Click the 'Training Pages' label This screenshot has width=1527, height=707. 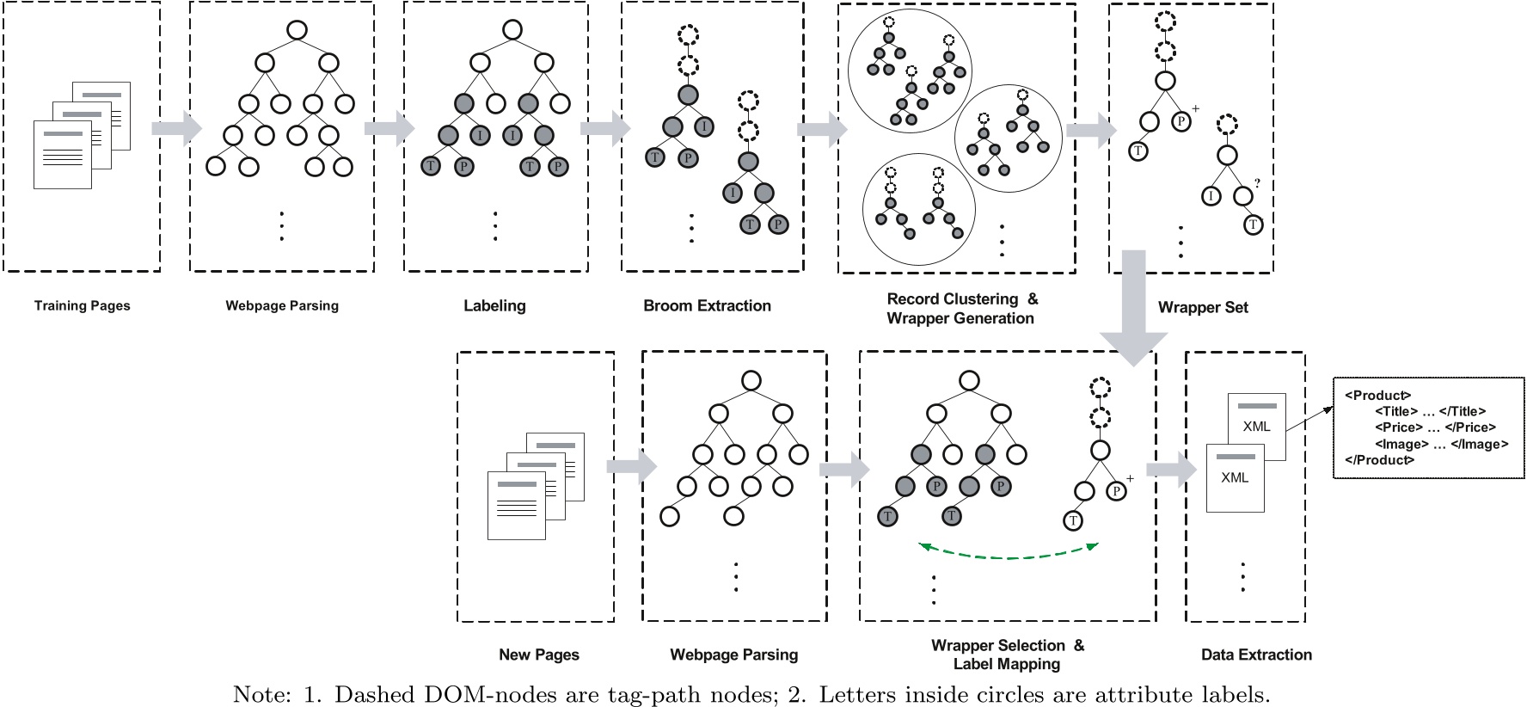[x=82, y=305]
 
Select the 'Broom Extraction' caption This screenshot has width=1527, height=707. [x=707, y=305]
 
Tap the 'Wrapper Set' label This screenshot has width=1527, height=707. [x=1202, y=307]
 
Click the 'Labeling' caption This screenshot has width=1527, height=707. [x=494, y=305]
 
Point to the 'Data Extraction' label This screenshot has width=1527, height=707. [x=1255, y=655]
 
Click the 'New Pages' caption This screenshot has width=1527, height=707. [x=538, y=655]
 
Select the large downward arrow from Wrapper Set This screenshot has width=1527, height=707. [x=1133, y=310]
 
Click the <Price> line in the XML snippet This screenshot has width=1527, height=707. [x=1434, y=427]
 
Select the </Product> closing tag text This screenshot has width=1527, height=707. [x=1379, y=460]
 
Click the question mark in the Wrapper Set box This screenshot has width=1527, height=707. [x=1257, y=183]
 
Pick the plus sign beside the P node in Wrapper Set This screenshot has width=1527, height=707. [x=1195, y=109]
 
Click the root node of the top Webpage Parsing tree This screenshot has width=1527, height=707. [x=297, y=30]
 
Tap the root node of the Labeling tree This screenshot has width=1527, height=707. [x=512, y=30]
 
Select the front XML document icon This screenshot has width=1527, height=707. [x=1235, y=478]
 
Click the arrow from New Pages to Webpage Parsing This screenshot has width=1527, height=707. [x=631, y=466]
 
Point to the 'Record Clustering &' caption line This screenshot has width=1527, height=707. [x=961, y=299]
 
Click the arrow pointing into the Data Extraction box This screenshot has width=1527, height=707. [x=1171, y=470]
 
